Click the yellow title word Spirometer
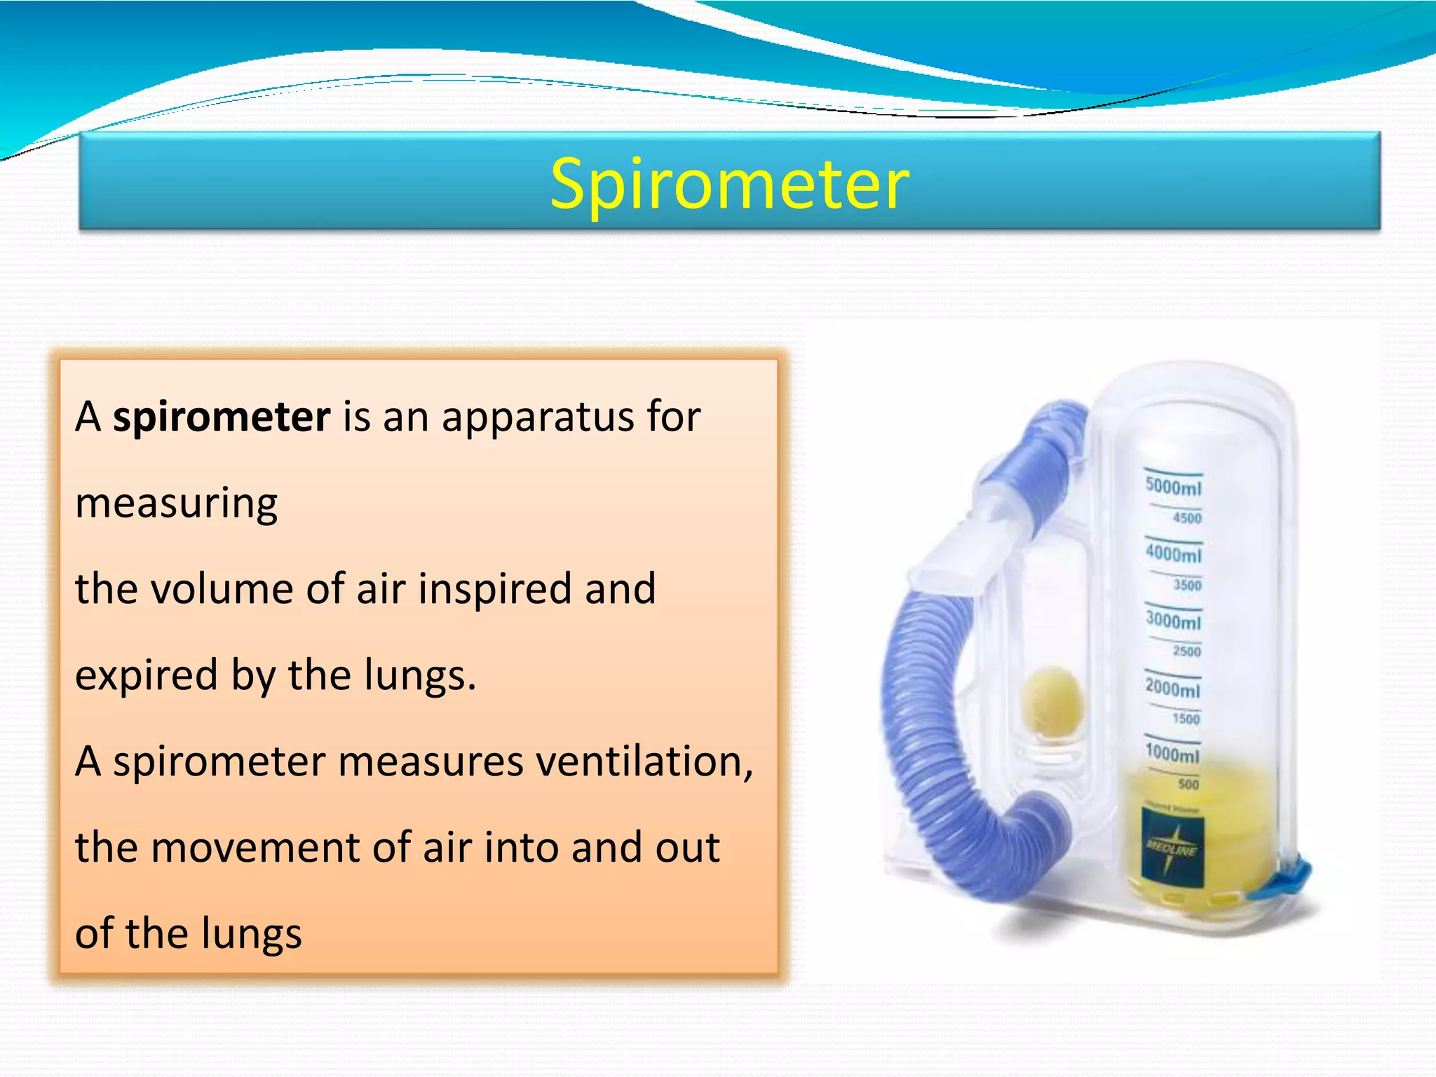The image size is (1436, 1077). pyautogui.click(x=729, y=184)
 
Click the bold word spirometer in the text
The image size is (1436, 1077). pyautogui.click(x=222, y=416)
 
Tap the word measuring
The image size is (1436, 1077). pyautogui.click(x=176, y=503)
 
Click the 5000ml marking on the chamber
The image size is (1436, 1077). pyautogui.click(x=1173, y=486)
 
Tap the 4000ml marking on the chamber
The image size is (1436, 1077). pyautogui.click(x=1173, y=553)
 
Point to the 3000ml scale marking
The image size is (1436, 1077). pyautogui.click(x=1173, y=620)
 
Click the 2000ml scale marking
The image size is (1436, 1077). pyautogui.click(x=1172, y=687)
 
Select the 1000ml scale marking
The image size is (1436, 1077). pyautogui.click(x=1172, y=753)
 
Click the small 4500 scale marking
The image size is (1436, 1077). pyautogui.click(x=1187, y=518)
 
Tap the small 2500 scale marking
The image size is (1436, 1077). pyautogui.click(x=1186, y=651)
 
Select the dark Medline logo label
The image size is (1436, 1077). pyautogui.click(x=1172, y=848)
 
